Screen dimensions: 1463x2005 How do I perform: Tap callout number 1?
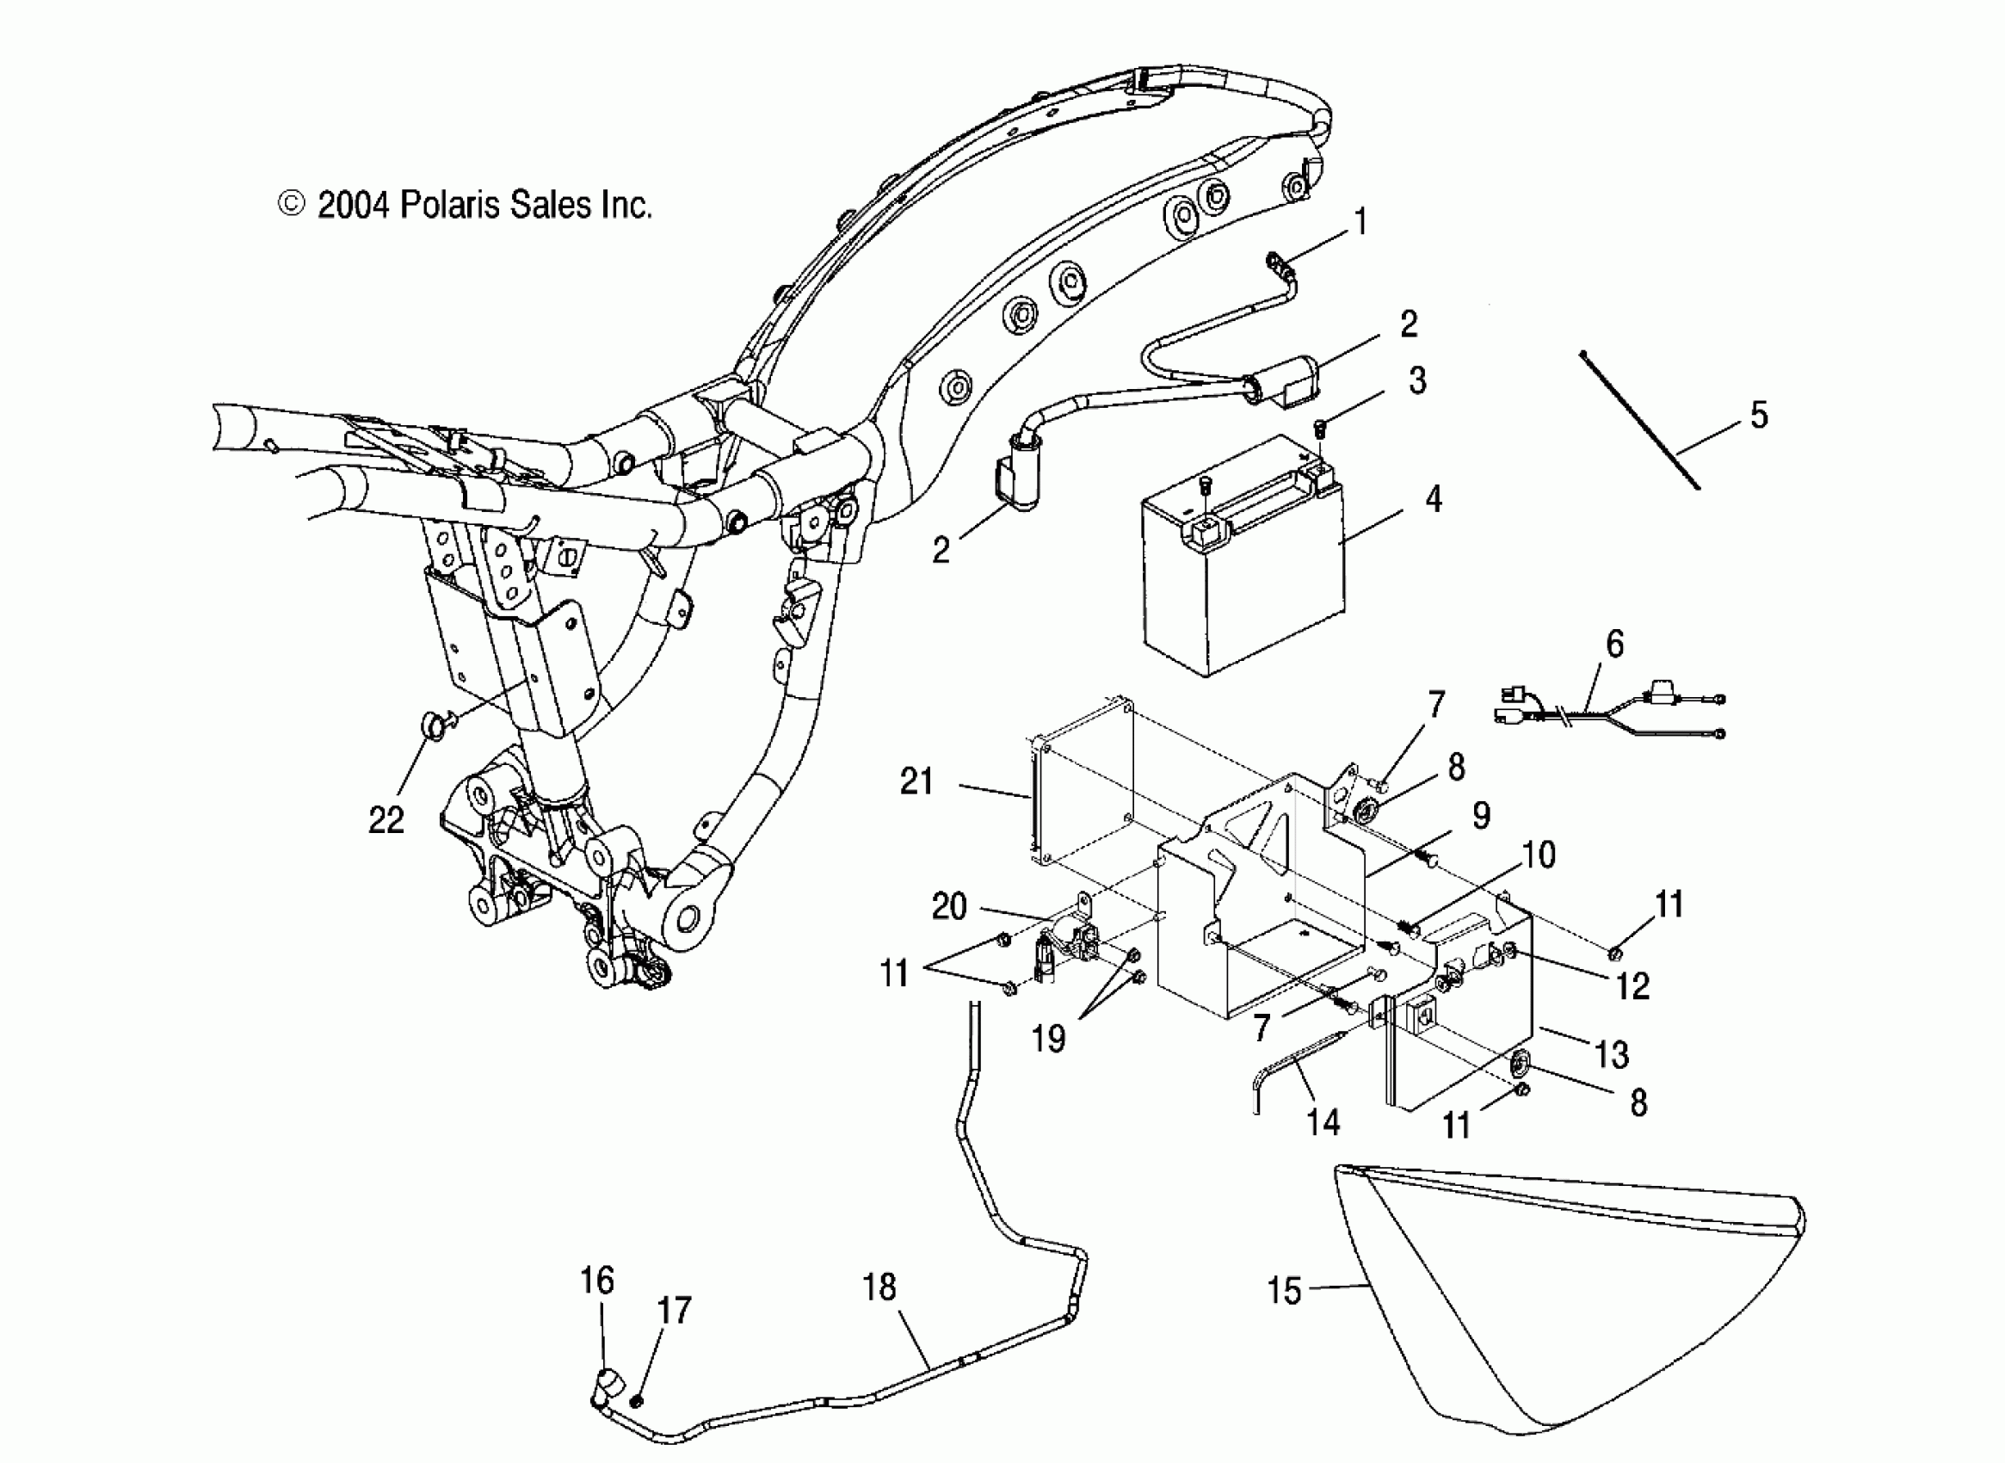1361,221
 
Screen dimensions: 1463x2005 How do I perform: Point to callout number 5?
1759,415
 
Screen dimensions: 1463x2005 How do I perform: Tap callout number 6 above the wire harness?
1614,644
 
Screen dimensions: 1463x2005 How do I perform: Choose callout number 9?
1482,815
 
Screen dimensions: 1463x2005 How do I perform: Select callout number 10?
1539,855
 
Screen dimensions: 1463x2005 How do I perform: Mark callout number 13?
1611,1054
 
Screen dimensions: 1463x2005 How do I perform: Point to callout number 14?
1324,1122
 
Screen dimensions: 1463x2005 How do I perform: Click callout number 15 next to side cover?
1284,1290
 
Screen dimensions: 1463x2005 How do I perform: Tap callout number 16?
597,1280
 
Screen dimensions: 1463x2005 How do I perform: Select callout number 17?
674,1311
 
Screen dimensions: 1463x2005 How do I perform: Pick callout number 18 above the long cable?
879,1287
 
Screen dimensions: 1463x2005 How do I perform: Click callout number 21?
916,781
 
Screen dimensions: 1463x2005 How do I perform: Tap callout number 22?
386,820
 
